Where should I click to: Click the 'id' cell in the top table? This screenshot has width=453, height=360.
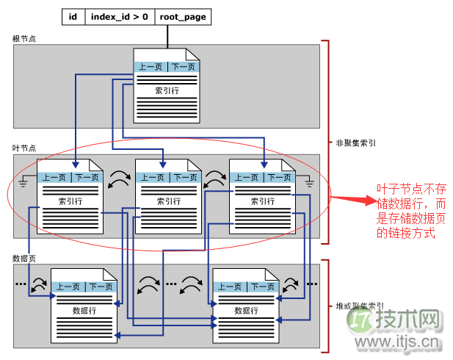point(73,16)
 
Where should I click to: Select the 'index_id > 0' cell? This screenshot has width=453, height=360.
point(120,16)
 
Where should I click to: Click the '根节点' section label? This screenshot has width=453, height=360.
point(25,38)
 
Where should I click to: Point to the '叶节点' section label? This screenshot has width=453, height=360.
point(25,148)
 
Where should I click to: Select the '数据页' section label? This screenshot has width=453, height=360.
point(25,258)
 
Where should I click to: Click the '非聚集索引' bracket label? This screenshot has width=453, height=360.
point(356,144)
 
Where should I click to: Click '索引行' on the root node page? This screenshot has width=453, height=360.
point(167,91)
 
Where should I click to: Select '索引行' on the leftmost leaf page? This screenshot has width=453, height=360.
point(70,201)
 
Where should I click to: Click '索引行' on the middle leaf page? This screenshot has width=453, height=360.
point(168,201)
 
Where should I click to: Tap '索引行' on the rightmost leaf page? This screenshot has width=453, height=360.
point(262,201)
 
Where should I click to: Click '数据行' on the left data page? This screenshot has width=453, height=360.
point(84,311)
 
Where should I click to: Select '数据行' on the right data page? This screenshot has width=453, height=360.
point(246,311)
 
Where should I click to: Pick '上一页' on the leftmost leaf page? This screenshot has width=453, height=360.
point(54,177)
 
